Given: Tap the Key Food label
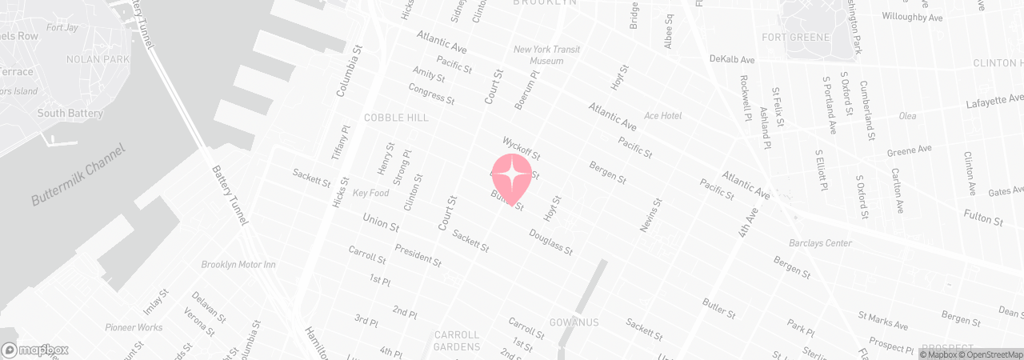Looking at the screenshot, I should (x=370, y=194).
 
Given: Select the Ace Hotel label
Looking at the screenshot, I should (x=662, y=116).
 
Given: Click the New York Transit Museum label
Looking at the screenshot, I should (x=547, y=55).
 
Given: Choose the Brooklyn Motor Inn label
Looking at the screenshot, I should (x=238, y=265).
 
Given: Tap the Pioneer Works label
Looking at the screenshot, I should (x=134, y=327).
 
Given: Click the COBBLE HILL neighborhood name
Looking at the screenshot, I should (x=396, y=118).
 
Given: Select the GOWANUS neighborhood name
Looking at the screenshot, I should (x=574, y=322).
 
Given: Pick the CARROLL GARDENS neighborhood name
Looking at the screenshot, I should (x=457, y=341).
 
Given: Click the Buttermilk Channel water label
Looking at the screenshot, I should (x=79, y=175).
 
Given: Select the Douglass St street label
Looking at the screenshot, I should (x=550, y=242).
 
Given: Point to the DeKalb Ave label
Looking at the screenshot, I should (x=732, y=59).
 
